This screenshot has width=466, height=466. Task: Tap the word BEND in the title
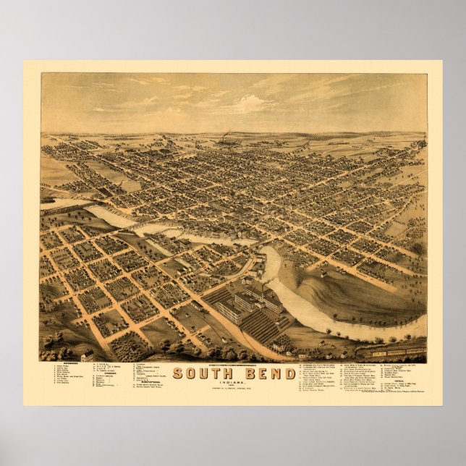pyautogui.click(x=269, y=373)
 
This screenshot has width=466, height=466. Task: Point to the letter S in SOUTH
pyautogui.click(x=177, y=373)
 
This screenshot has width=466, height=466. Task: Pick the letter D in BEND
pyautogui.click(x=289, y=373)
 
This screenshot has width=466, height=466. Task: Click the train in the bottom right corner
pyautogui.click(x=394, y=352)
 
